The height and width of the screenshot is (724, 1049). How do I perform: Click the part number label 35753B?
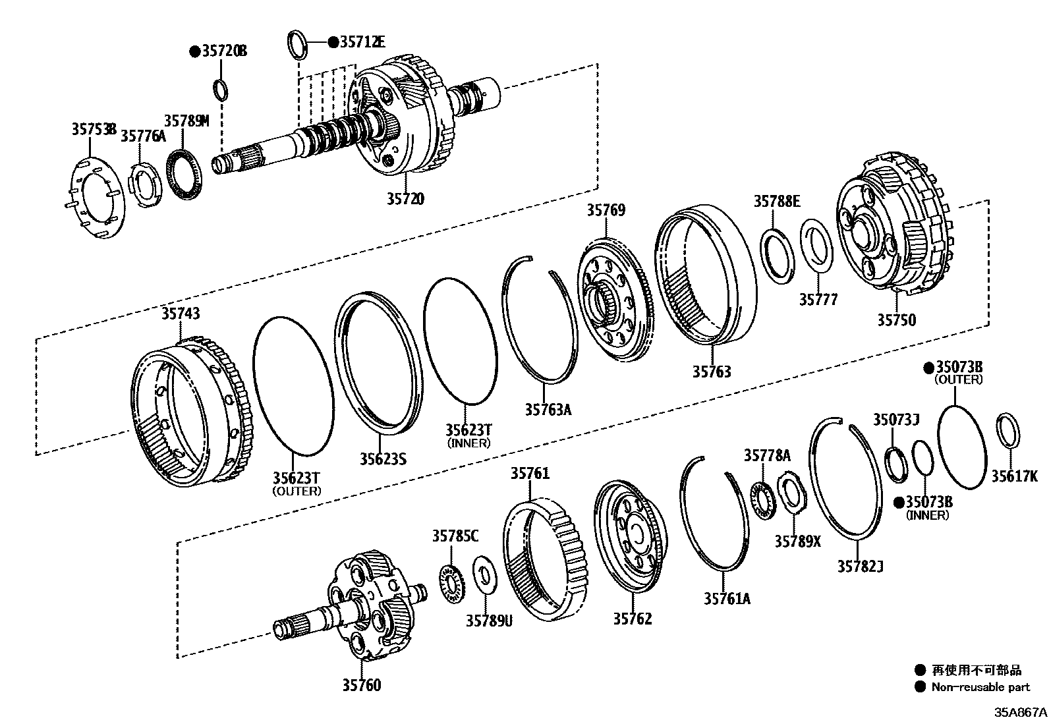click(x=94, y=129)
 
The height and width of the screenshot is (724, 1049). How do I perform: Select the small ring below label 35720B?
click(x=222, y=88)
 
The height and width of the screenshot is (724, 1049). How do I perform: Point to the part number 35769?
click(x=606, y=210)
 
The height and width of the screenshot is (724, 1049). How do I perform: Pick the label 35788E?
click(x=777, y=202)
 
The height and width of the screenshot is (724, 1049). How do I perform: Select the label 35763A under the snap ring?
click(x=548, y=409)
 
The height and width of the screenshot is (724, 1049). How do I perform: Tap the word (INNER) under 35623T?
click(x=468, y=443)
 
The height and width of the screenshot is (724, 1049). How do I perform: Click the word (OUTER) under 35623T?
click(x=297, y=491)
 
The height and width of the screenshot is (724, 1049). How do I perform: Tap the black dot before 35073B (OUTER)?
click(x=928, y=367)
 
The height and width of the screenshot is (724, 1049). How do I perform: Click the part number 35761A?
click(x=727, y=598)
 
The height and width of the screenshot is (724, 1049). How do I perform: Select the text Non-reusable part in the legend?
click(x=980, y=687)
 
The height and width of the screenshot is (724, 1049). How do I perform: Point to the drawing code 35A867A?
click(x=1020, y=712)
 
